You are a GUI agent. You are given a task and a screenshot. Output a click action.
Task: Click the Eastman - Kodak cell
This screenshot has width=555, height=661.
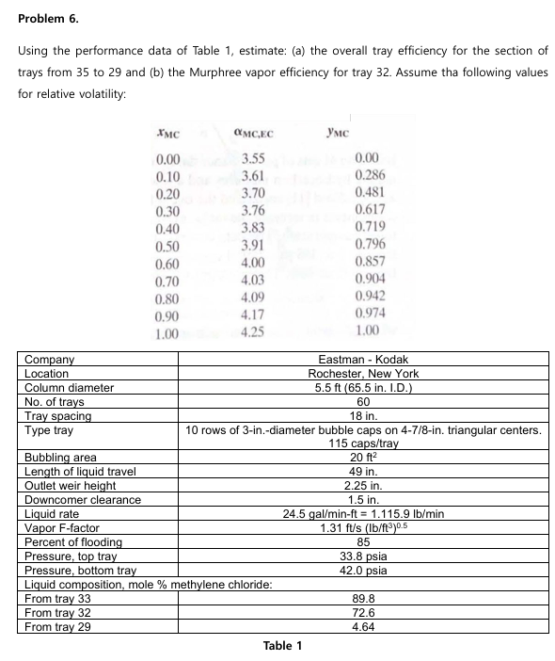[364, 360]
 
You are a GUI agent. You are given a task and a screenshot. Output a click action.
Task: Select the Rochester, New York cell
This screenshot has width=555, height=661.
[364, 373]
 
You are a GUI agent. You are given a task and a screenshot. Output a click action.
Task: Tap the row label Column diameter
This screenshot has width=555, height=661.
[69, 387]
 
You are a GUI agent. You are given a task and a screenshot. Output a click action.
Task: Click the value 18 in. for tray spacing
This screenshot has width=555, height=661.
[364, 415]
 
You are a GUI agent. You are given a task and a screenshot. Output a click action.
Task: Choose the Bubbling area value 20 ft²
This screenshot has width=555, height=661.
[364, 458]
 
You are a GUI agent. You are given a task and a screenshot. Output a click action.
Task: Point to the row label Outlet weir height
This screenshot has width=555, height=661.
[71, 485]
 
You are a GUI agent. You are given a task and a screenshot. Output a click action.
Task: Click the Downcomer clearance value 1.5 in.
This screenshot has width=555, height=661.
[364, 499]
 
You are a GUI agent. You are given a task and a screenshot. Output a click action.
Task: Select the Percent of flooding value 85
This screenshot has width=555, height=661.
[364, 541]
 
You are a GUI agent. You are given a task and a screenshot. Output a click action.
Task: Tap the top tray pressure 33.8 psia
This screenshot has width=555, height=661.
[364, 556]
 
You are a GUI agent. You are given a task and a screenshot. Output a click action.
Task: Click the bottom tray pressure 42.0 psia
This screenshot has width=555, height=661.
[364, 570]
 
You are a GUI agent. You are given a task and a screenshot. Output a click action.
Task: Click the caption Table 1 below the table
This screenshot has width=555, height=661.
[283, 646]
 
